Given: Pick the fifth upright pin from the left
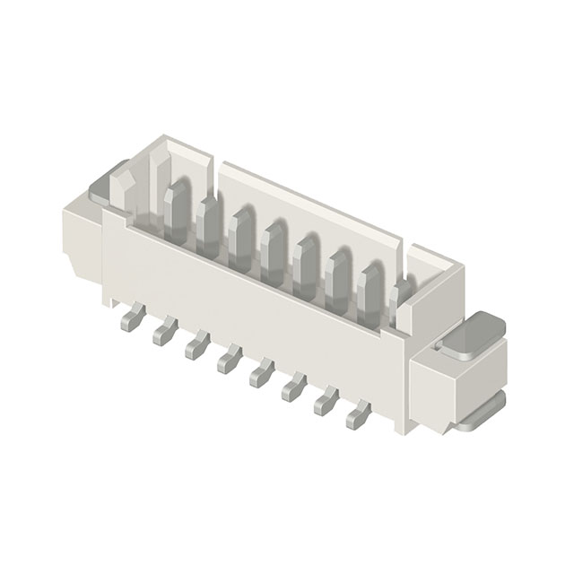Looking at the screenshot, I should click(x=307, y=261).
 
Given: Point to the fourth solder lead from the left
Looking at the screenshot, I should click(x=229, y=361).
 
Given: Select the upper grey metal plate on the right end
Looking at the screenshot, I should click(x=471, y=335).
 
